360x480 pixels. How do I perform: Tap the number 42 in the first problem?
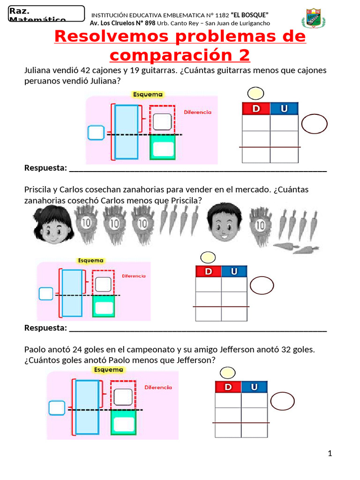(85, 70)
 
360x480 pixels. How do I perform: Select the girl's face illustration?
(51, 225)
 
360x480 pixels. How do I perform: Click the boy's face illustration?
(224, 222)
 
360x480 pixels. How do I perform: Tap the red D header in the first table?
(256, 109)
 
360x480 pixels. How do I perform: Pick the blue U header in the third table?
(254, 387)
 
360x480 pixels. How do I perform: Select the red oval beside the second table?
(262, 286)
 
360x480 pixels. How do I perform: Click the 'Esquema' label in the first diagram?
(148, 94)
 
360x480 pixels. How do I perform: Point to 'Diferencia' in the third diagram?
(158, 388)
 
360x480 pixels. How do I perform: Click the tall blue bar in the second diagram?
(72, 293)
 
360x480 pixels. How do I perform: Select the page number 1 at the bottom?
(330, 453)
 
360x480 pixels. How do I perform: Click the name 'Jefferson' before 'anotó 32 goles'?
(270, 350)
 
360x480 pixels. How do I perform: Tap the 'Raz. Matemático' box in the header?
(46, 14)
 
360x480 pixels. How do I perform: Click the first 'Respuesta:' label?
(45, 168)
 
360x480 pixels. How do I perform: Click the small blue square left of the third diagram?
(57, 407)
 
